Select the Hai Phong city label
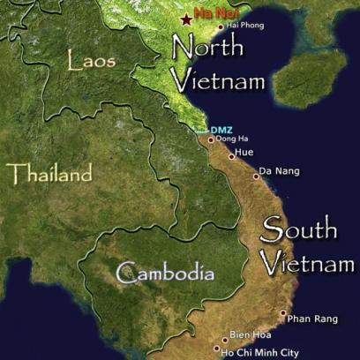246,26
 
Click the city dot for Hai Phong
221,26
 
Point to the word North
206,49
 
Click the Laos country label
89,61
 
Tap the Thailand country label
49,173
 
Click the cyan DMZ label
221,130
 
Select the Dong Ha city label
231,139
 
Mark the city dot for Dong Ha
211,139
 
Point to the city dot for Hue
231,155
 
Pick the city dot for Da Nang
256,176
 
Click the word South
299,231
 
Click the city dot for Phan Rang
283,313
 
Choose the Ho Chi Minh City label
261,352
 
